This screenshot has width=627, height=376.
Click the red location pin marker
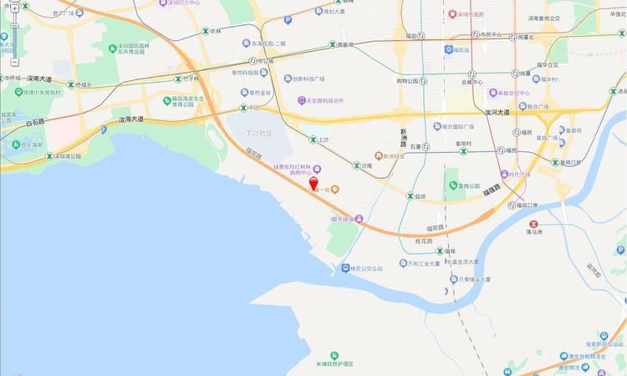[313, 185]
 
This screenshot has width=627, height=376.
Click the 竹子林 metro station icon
[177, 79]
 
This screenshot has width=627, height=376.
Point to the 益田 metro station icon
[410, 196]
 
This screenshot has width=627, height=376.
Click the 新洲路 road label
[403, 138]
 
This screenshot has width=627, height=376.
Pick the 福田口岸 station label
[523, 205]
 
